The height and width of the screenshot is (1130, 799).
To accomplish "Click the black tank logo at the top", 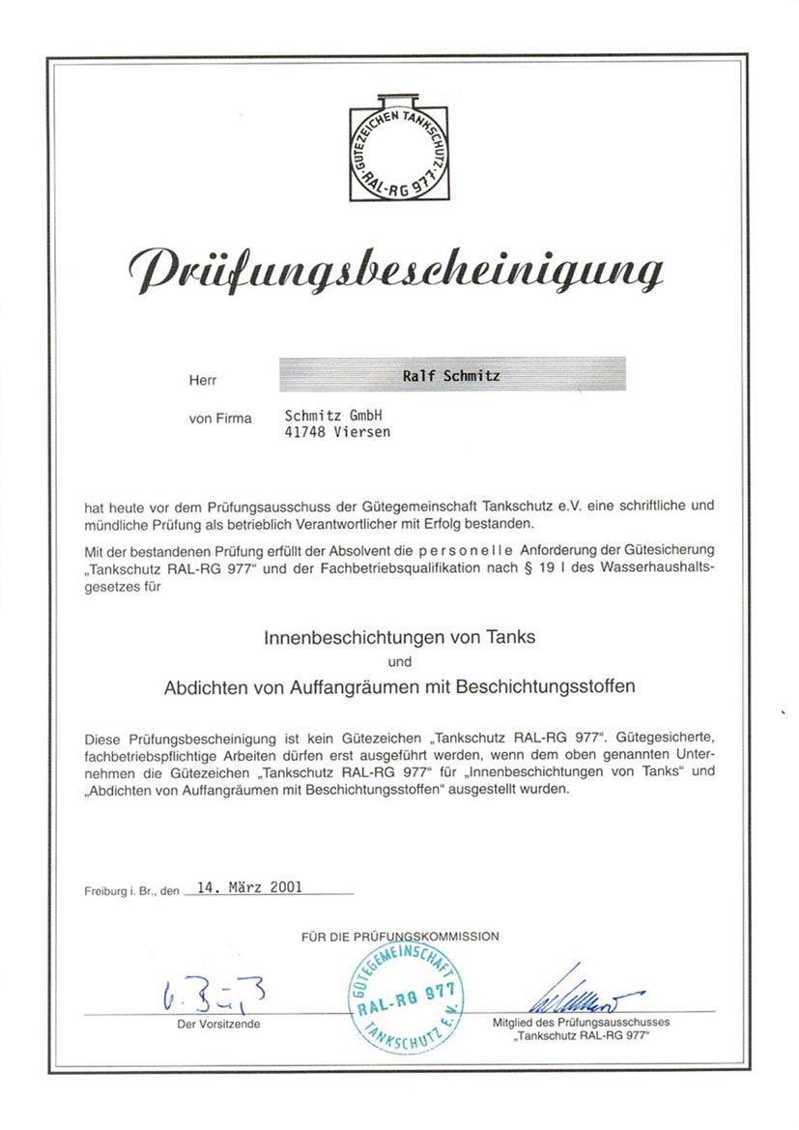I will pos(399,147).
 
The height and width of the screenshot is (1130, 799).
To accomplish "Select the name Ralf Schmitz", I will pos(450,375).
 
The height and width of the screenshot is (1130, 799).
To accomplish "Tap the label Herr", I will pos(203,381).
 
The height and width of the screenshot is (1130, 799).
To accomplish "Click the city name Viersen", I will pos(362,432).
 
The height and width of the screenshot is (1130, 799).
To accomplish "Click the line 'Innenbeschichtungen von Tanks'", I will pos(399,638).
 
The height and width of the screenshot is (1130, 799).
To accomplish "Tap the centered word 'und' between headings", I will pos(399,662).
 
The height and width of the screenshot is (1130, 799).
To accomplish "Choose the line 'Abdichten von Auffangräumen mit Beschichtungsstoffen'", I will pos(399,687).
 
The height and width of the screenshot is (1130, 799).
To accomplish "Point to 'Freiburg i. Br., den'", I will pos(131,892).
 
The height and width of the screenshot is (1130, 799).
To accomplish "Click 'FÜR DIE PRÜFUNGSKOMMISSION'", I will pos(399,936).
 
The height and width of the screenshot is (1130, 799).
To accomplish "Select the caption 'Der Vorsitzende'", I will pos(218,1023).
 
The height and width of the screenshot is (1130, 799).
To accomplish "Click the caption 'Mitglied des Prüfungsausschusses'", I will pos(581,1021).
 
